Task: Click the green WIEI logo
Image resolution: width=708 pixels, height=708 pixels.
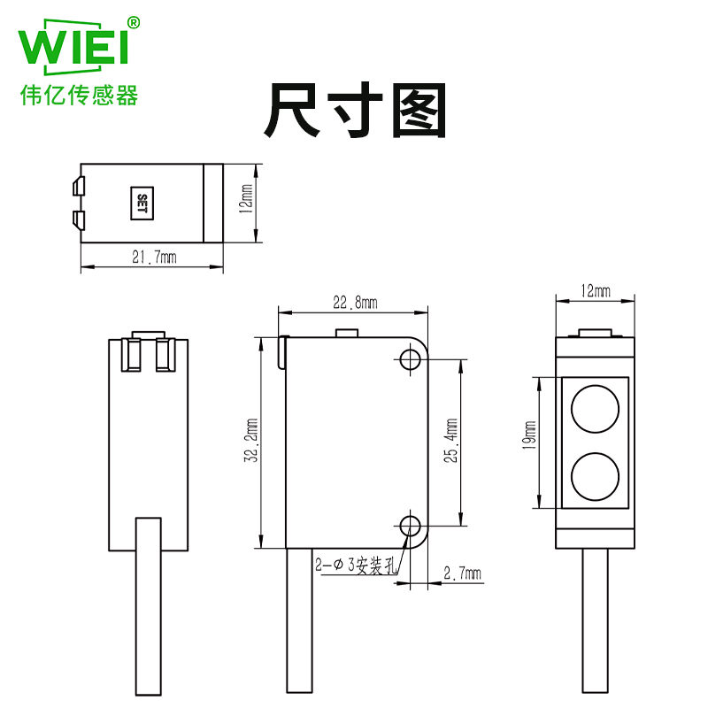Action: tap(74, 50)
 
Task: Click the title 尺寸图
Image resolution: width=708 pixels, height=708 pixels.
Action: tap(354, 111)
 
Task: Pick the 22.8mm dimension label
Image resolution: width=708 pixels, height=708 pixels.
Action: tap(354, 303)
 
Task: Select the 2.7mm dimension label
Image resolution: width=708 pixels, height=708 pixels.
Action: tap(461, 574)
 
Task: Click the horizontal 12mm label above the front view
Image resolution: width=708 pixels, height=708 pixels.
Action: tap(595, 291)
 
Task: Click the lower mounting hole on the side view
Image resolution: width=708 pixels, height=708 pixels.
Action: tap(409, 526)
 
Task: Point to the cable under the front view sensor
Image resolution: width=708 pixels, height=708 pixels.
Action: tap(595, 628)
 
